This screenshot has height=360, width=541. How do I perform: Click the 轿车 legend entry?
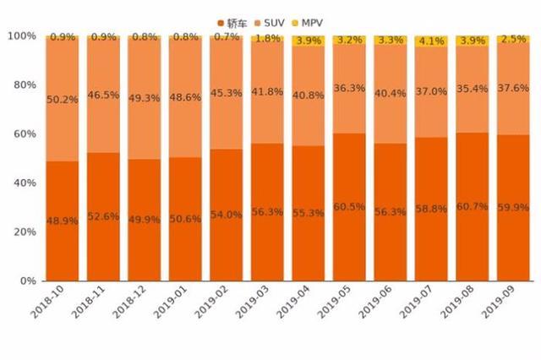[x=234, y=21]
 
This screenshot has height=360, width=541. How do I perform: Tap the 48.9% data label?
[x=63, y=221]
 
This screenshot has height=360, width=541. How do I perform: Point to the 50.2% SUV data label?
[x=63, y=99]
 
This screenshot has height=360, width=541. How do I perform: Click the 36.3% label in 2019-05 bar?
[x=349, y=87]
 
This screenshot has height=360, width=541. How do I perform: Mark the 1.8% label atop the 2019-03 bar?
[x=267, y=38]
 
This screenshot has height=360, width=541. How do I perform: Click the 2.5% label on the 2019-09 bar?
[x=512, y=39]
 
